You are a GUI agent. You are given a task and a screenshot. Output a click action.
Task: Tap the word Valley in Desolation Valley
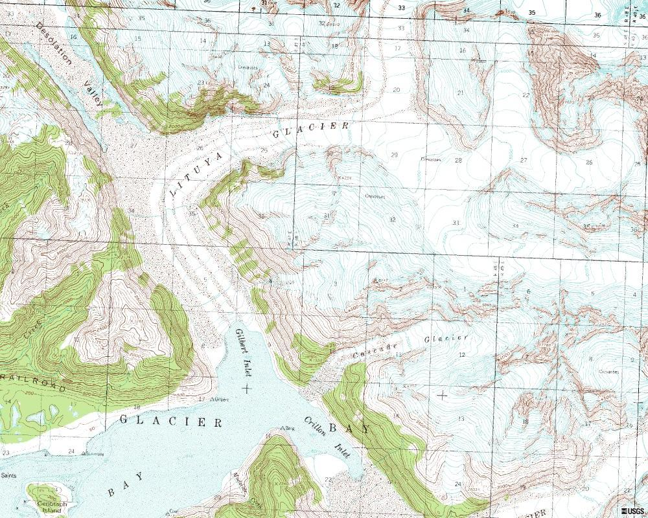coord(93,93)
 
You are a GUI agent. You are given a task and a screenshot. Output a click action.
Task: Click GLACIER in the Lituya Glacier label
coord(311,129)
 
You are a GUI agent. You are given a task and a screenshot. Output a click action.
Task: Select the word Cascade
coord(375,350)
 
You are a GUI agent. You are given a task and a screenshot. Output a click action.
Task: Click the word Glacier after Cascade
coord(446,339)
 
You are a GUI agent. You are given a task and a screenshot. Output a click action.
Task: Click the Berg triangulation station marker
coord(281,428)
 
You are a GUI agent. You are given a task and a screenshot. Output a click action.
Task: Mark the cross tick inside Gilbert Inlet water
coord(246,388)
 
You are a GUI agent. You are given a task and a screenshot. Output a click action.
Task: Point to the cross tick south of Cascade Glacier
coord(443,394)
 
